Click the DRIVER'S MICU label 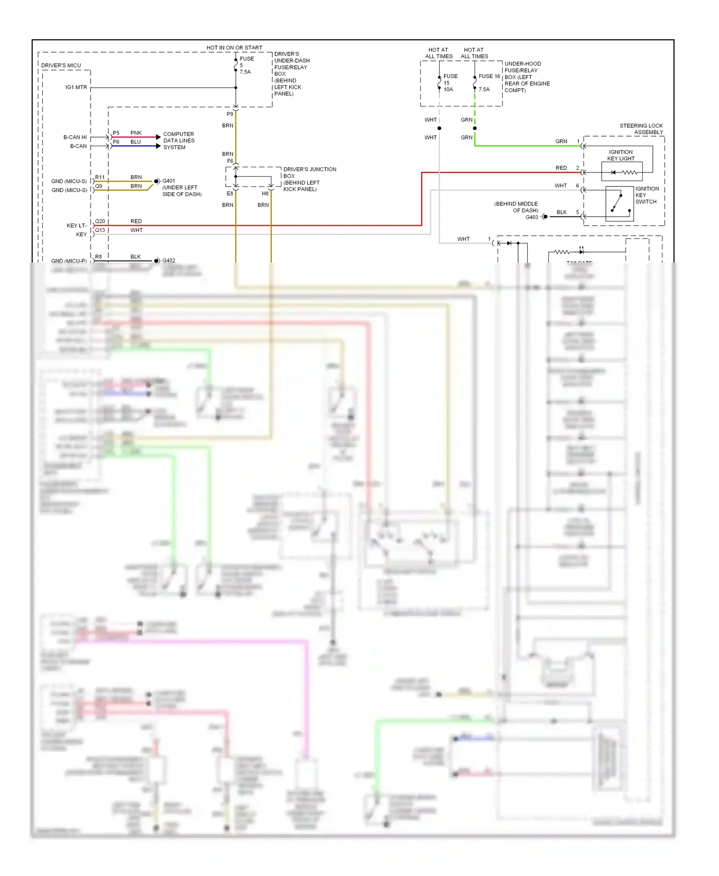[61, 65]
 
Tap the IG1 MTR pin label [76, 87]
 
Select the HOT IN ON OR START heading [234, 47]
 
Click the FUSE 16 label [489, 76]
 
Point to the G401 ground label [169, 181]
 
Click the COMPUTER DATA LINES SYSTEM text [178, 140]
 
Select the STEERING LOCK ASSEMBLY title [641, 129]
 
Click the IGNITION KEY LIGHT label [621, 155]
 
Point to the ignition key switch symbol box [619, 204]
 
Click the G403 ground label [532, 217]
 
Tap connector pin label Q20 [100, 221]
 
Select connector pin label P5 [116, 133]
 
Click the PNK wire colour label [136, 133]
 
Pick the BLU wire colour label [136, 142]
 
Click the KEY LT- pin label [76, 225]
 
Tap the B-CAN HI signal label [75, 137]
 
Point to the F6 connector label [230, 161]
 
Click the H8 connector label [265, 194]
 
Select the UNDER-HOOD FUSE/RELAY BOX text [527, 77]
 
